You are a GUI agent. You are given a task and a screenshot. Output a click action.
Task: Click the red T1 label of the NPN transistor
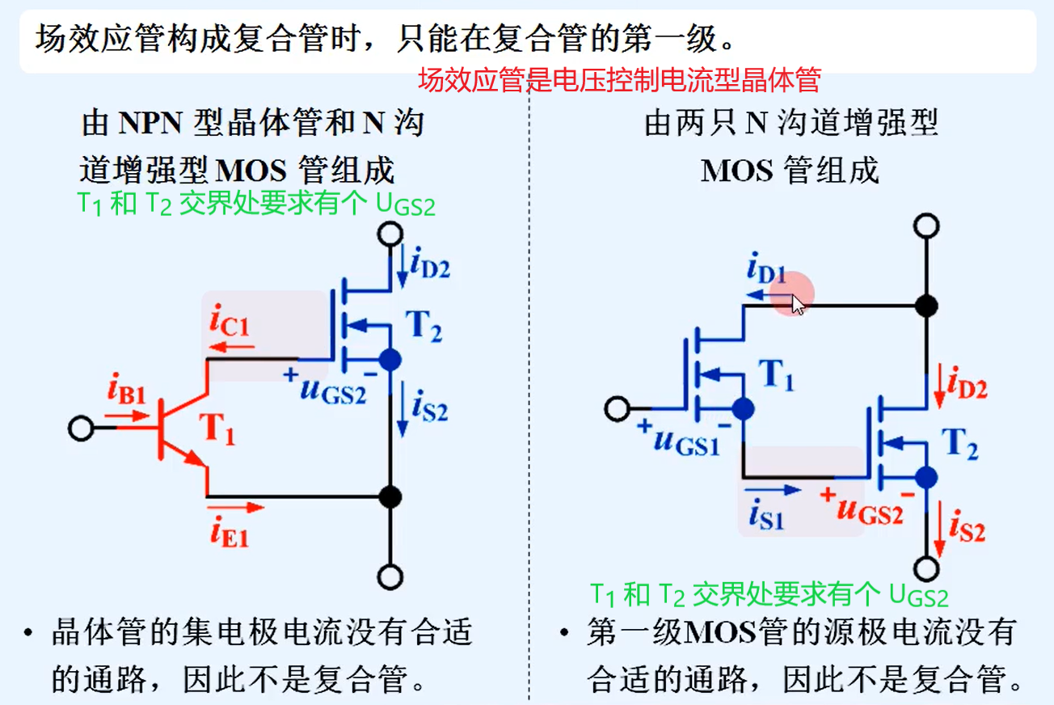(x=218, y=429)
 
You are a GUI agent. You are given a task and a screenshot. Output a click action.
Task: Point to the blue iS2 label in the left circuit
(x=429, y=407)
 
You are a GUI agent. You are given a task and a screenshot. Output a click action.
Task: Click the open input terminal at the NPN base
(x=81, y=428)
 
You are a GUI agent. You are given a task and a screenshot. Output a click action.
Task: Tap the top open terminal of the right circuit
(x=926, y=225)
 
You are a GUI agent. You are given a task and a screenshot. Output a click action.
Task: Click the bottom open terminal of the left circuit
(x=390, y=577)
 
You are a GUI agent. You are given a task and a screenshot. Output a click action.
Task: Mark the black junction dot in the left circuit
(x=390, y=496)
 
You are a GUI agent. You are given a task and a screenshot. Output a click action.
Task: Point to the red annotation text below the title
(x=619, y=80)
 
